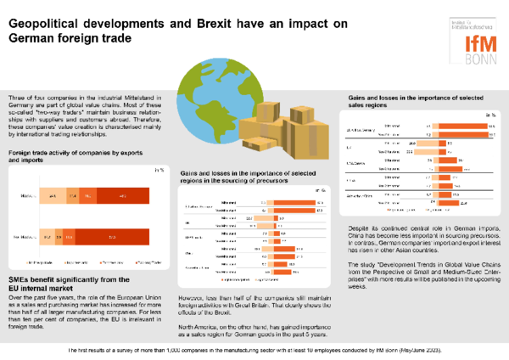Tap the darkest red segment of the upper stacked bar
pos(124,197)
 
